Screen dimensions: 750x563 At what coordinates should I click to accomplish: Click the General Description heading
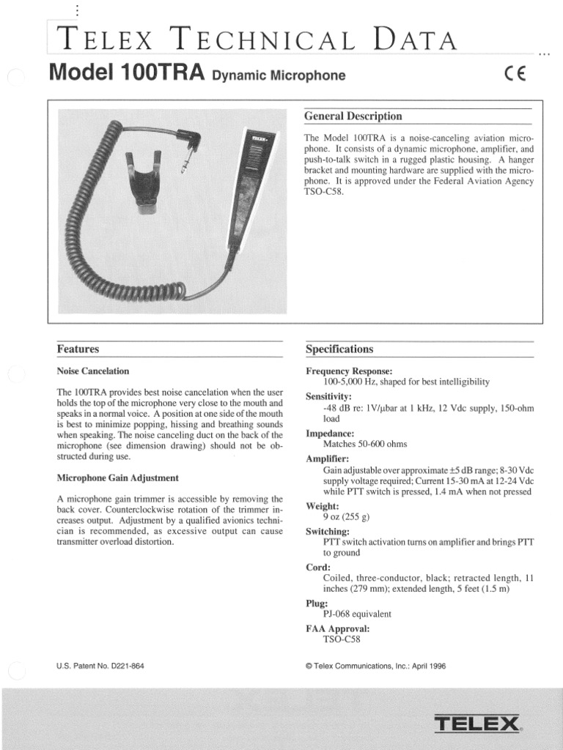(x=353, y=116)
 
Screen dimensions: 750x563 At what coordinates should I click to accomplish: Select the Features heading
(x=78, y=349)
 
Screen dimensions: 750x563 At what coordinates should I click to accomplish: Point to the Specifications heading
(x=339, y=349)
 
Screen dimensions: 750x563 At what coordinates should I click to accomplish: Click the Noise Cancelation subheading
(x=93, y=371)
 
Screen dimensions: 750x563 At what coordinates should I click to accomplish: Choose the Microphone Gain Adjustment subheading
(x=117, y=478)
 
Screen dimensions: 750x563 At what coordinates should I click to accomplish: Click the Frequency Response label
(x=349, y=371)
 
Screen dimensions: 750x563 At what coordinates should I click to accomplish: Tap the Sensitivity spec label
(x=329, y=396)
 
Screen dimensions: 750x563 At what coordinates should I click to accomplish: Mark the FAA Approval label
(x=337, y=628)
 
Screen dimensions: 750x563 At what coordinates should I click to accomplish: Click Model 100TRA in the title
(x=125, y=73)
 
